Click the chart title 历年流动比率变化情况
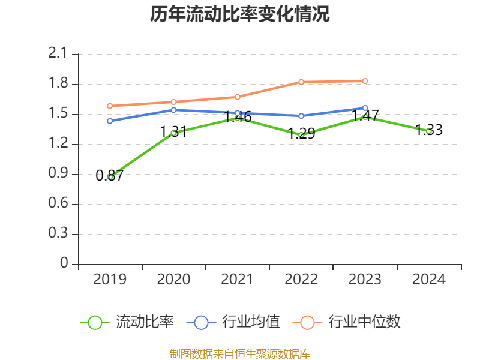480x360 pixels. (x=240, y=14)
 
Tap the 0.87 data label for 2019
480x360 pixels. (x=110, y=176)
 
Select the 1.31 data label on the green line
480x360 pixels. (x=173, y=132)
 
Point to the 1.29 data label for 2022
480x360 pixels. (x=301, y=134)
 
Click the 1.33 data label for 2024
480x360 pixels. (x=429, y=130)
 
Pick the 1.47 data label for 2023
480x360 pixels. (x=365, y=116)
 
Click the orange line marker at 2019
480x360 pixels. (x=110, y=106)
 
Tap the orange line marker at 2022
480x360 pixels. (x=301, y=82)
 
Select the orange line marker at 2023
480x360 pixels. (x=365, y=81)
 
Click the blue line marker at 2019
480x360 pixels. (x=110, y=121)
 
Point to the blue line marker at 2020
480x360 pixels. (x=173, y=110)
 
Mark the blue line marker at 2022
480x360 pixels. (x=301, y=116)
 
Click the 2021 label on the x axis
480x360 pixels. (x=238, y=279)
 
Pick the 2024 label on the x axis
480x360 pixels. (x=429, y=279)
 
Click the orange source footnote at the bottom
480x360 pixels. (x=240, y=353)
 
